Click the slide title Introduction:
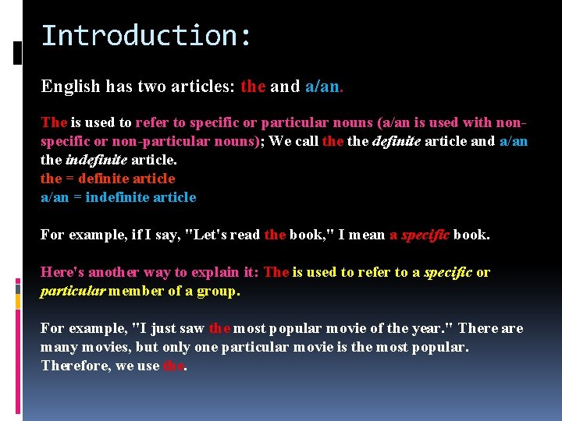click(146, 36)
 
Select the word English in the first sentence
click(70, 86)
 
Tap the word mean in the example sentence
click(366, 235)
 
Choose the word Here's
click(62, 272)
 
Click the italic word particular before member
click(72, 291)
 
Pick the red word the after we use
click(173, 366)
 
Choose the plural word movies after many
click(98, 347)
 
